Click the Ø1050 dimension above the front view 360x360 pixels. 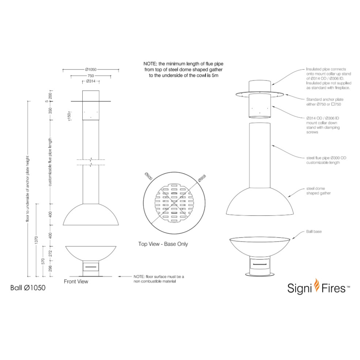(x=91, y=69)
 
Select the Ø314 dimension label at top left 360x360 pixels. (x=91, y=81)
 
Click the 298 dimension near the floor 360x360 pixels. (x=51, y=269)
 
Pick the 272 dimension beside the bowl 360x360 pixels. (x=51, y=254)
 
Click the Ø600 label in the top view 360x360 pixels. (x=149, y=176)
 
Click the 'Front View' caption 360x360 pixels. (x=76, y=282)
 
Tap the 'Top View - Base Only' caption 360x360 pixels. (x=163, y=244)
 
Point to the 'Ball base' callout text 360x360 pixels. (x=314, y=231)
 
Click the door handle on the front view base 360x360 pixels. (x=91, y=266)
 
